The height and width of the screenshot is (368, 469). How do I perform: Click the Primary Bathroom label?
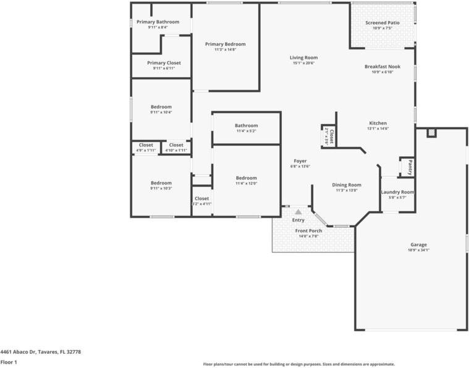pyautogui.click(x=158, y=22)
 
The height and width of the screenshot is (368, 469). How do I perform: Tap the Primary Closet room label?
pyautogui.click(x=164, y=63)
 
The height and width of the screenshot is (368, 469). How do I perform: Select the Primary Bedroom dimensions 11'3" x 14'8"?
pyautogui.click(x=225, y=50)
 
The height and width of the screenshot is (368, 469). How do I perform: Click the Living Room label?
pyautogui.click(x=303, y=58)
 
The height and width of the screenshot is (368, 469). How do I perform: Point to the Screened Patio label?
pyautogui.click(x=382, y=23)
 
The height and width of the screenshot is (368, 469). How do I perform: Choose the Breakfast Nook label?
pyautogui.click(x=382, y=66)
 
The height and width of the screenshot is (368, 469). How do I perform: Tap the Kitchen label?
pyautogui.click(x=378, y=123)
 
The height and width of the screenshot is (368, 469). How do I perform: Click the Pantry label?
pyautogui.click(x=409, y=167)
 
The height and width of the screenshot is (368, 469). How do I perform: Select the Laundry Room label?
pyautogui.click(x=397, y=192)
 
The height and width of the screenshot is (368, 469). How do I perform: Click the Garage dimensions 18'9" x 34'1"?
pyautogui.click(x=418, y=250)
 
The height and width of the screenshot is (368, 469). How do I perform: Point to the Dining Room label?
pyautogui.click(x=346, y=185)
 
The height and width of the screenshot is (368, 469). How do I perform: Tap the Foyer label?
pyautogui.click(x=300, y=161)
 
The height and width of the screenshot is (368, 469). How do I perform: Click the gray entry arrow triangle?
pyautogui.click(x=298, y=212)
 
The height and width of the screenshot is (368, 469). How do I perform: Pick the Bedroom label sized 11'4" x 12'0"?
pyautogui.click(x=246, y=178)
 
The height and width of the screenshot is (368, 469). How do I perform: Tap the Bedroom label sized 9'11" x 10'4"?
pyautogui.click(x=161, y=107)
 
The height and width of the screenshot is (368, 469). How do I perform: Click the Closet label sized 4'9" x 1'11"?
pyautogui.click(x=146, y=145)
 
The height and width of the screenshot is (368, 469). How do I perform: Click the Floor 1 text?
pyautogui.click(x=9, y=362)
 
